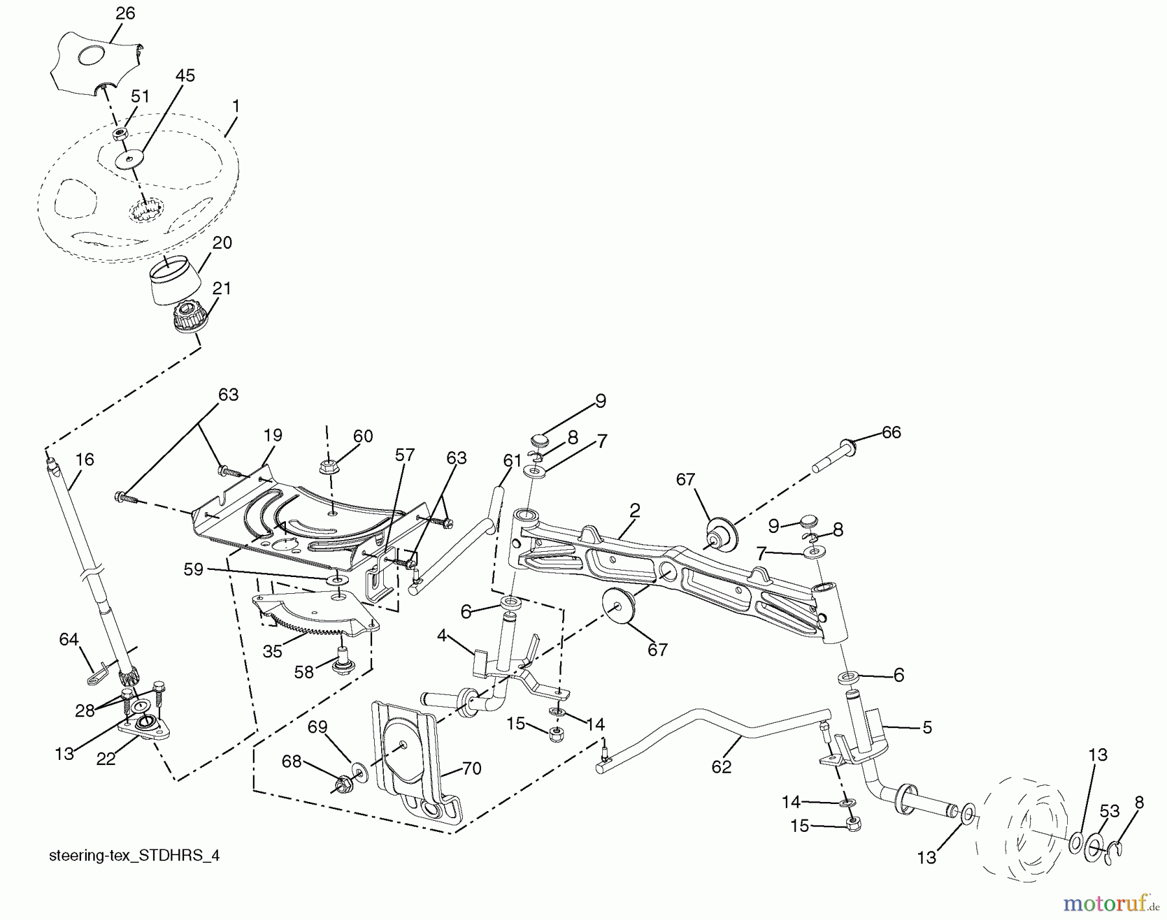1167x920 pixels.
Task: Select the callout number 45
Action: pyautogui.click(x=185, y=76)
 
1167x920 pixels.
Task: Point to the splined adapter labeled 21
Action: pyautogui.click(x=189, y=320)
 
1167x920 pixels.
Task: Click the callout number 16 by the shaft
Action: pyautogui.click(x=84, y=460)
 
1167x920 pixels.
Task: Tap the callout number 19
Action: pyautogui.click(x=273, y=435)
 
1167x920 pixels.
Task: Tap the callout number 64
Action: pyautogui.click(x=69, y=640)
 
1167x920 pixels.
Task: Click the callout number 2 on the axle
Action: pyautogui.click(x=634, y=510)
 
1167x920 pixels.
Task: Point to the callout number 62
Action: pyautogui.click(x=721, y=766)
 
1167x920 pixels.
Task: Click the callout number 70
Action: pyautogui.click(x=471, y=769)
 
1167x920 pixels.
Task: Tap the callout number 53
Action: pyautogui.click(x=1109, y=810)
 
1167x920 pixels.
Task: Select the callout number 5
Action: pyautogui.click(x=927, y=727)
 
